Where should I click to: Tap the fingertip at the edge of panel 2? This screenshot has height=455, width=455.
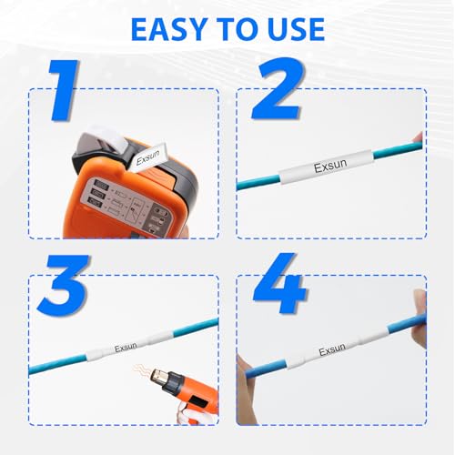(418, 138)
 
